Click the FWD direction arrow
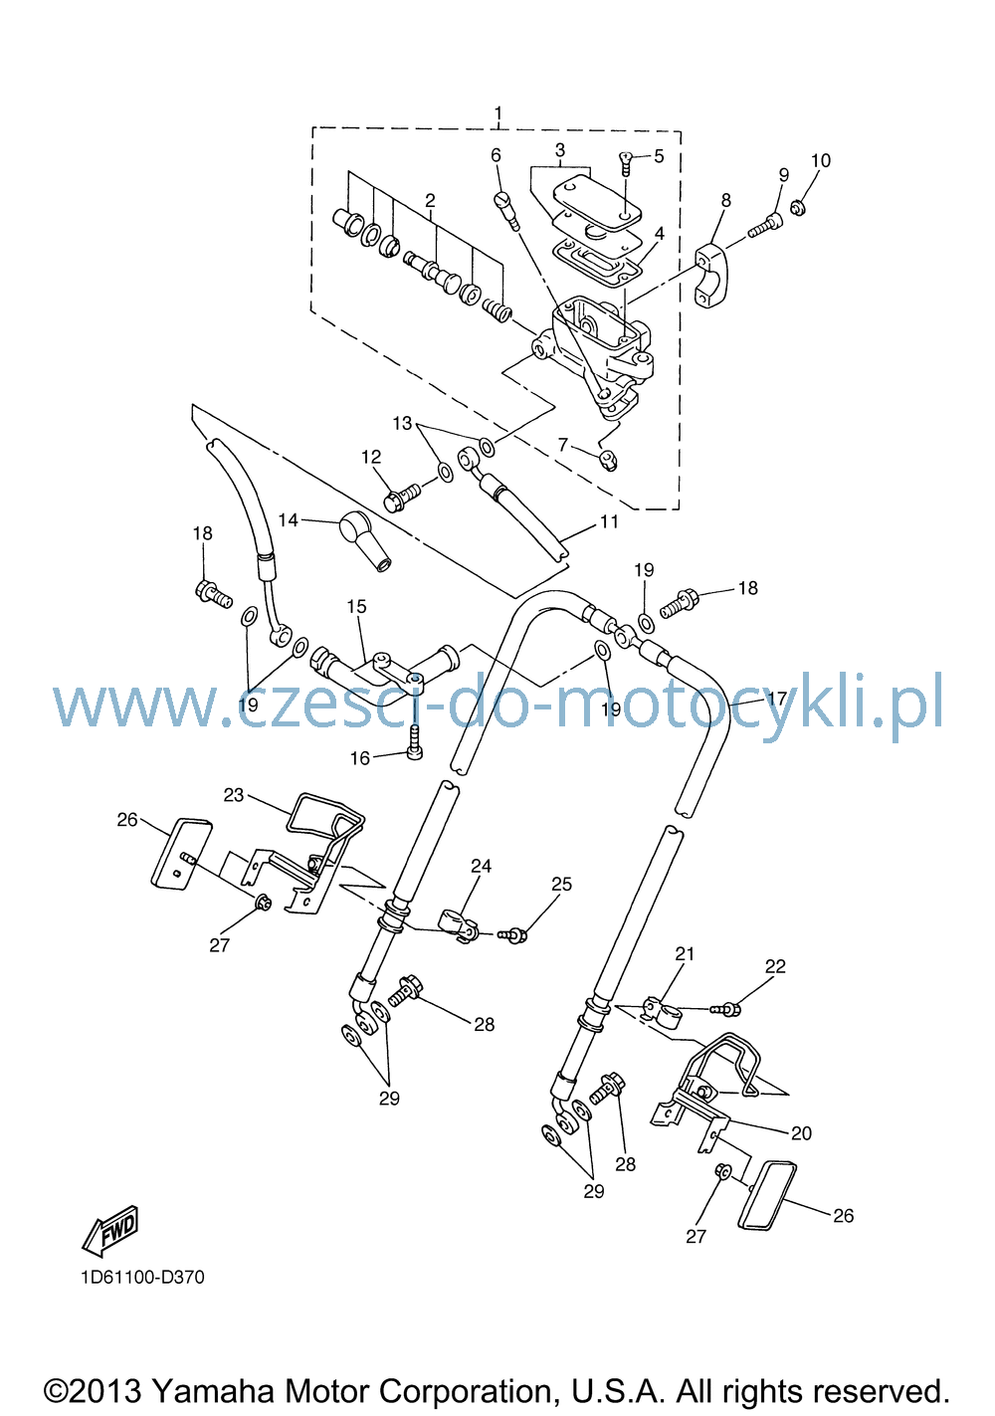pos(109,1231)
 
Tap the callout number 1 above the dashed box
pos(498,113)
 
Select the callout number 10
pos(820,160)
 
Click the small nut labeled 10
pos(798,207)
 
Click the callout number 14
pos(288,520)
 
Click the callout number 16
pos(359,758)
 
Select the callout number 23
pos(233,795)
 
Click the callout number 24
pos(481,866)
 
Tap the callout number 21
pos(685,954)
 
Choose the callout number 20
pos(801,1133)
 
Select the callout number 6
pos(496,155)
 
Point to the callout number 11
pos(609,521)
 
